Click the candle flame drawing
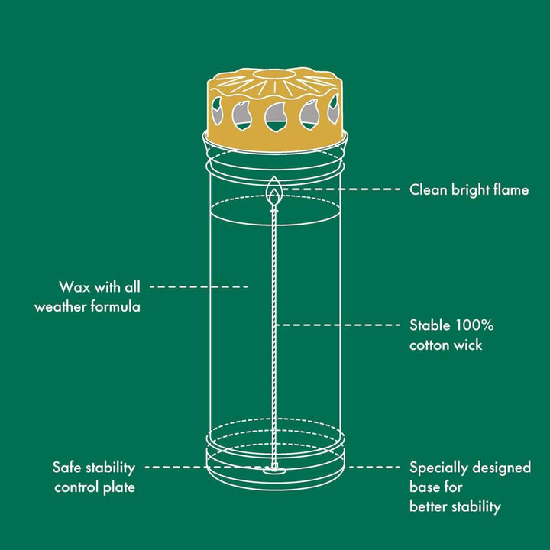click(x=274, y=192)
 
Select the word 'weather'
click(x=60, y=307)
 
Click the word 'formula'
click(x=116, y=307)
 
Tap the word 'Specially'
click(x=438, y=468)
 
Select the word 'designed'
click(x=502, y=468)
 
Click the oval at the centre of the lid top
click(x=274, y=73)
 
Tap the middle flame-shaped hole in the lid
click(x=276, y=117)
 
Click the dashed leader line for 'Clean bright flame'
click(x=341, y=189)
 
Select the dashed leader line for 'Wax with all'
click(x=199, y=287)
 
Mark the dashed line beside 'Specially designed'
click(x=374, y=467)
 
